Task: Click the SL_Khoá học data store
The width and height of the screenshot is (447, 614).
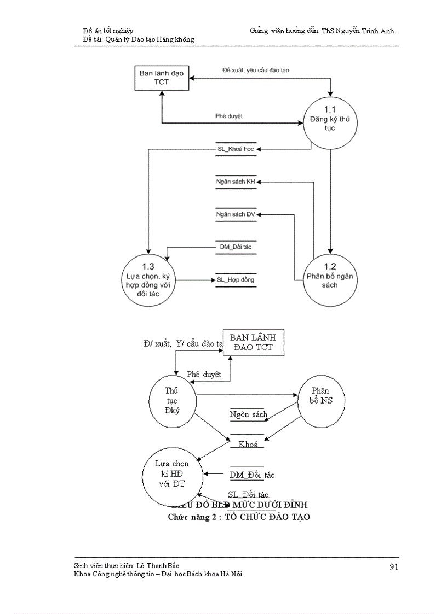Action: coord(236,149)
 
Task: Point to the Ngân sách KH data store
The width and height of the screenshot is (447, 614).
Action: coord(236,182)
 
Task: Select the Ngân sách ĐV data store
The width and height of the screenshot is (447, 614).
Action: coord(236,214)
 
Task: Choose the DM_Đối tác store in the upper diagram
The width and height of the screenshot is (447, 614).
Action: coord(236,247)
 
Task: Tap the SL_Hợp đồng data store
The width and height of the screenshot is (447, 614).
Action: coord(236,280)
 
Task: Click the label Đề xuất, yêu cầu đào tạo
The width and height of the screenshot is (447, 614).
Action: coord(255,70)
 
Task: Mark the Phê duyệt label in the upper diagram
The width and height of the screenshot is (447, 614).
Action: coord(229,116)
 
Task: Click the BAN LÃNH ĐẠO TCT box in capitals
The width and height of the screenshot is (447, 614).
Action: coord(253,343)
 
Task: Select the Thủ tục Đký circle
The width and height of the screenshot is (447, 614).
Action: coord(172,400)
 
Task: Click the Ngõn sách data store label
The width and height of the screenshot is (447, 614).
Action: coord(248,414)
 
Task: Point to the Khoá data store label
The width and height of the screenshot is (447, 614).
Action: coord(248,444)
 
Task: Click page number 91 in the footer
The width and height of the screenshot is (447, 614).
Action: coord(393,566)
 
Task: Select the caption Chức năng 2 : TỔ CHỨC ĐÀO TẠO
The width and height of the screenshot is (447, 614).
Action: coord(239,517)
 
